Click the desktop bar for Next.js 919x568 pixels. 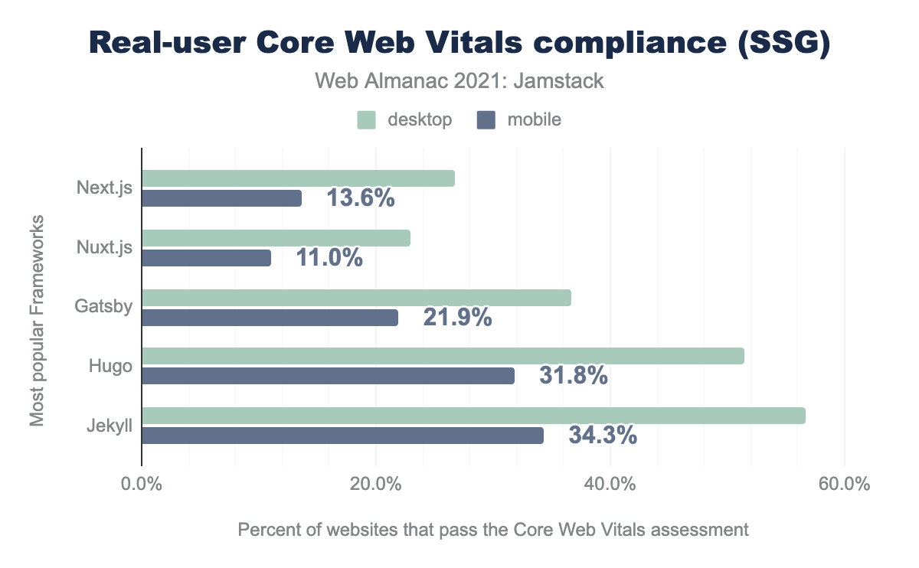coord(298,178)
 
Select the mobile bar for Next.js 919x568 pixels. coord(221,198)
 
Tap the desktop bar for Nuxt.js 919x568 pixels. coord(276,238)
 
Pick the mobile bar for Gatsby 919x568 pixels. coord(270,318)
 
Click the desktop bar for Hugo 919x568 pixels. coord(443,356)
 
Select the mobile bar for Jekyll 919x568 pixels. coord(342,436)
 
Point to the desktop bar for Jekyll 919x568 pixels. coord(473,416)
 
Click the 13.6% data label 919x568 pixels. coord(361,198)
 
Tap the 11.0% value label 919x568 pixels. coord(329,258)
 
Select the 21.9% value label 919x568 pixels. coord(457,318)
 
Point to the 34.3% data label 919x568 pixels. coord(603,436)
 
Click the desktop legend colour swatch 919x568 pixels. coord(367,119)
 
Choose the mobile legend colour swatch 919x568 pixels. coord(486,119)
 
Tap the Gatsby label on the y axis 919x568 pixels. coord(103,307)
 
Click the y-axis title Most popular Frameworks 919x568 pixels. coord(38,320)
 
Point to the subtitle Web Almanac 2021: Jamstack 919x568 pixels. coord(459,80)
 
